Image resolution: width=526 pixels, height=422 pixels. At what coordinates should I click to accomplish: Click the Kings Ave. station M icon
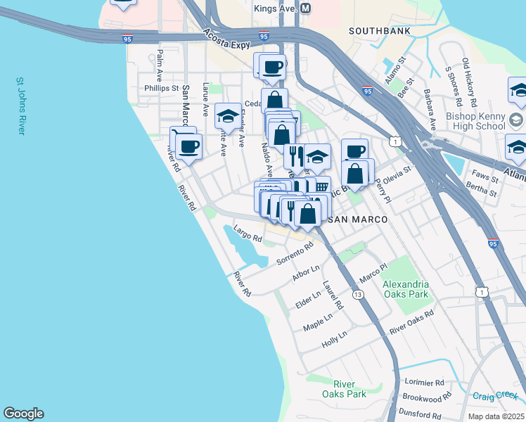click(x=305, y=8)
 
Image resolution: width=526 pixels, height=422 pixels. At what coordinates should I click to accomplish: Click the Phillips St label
click(x=162, y=89)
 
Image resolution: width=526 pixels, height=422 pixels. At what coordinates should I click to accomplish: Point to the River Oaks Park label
click(x=349, y=389)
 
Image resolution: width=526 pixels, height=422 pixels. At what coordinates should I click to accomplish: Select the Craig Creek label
click(x=495, y=396)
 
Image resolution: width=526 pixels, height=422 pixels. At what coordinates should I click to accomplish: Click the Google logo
click(x=23, y=414)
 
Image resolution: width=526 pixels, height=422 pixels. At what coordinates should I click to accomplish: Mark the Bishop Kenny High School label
click(x=475, y=121)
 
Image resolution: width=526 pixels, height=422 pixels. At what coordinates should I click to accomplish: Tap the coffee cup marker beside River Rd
click(x=188, y=146)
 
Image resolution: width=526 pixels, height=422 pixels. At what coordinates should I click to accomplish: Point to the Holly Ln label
click(x=334, y=338)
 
